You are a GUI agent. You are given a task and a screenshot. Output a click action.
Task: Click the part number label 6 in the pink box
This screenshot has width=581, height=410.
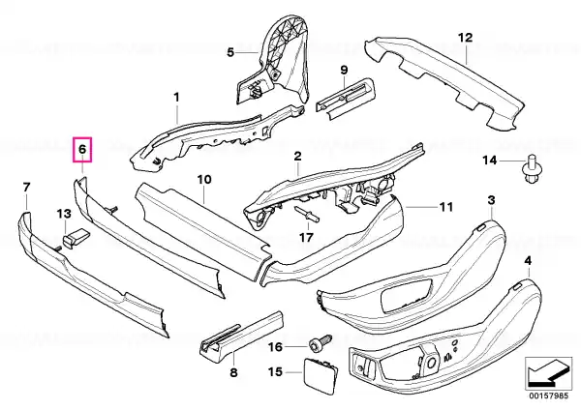pyautogui.click(x=82, y=150)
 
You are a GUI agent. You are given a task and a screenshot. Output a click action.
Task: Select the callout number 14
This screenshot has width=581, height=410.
pyautogui.click(x=489, y=160)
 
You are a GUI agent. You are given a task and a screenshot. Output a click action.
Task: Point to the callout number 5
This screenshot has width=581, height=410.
pyautogui.click(x=230, y=52)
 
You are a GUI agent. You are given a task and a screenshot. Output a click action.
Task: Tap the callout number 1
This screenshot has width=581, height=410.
pyautogui.click(x=177, y=97)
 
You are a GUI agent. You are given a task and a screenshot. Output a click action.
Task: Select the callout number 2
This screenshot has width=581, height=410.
pyautogui.click(x=298, y=156)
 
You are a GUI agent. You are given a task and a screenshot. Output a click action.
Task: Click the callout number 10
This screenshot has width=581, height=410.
pyautogui.click(x=203, y=180)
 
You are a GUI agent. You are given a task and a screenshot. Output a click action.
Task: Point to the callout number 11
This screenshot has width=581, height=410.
pyautogui.click(x=445, y=207)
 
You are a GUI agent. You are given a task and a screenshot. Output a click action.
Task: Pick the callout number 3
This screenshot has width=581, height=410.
pyautogui.click(x=491, y=199)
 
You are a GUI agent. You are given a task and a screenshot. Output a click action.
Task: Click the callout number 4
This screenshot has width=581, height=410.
pyautogui.click(x=527, y=261)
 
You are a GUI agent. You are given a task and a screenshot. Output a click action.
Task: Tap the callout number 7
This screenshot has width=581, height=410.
pyautogui.click(x=26, y=186)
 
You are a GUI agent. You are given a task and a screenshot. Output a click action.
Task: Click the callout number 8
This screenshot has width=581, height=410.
pyautogui.click(x=232, y=370)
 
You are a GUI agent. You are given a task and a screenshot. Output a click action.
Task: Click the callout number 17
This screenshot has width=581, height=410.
pyautogui.click(x=307, y=236)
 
